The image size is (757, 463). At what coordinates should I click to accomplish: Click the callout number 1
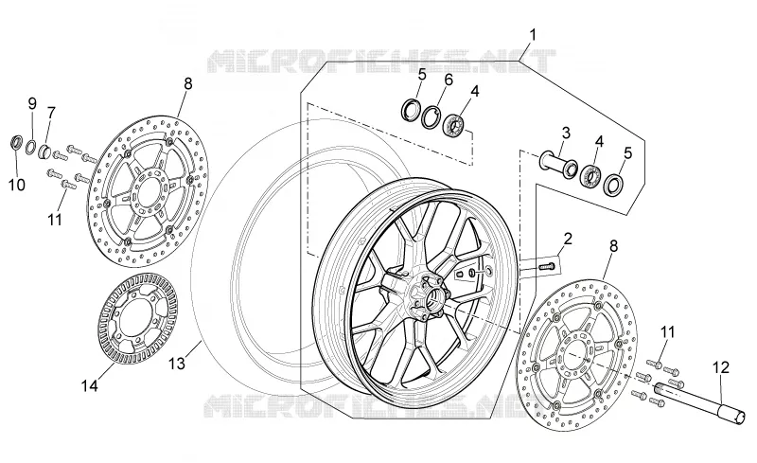[533, 35]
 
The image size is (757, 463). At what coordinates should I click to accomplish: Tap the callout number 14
[89, 385]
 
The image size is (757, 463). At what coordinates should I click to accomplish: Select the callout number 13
[177, 364]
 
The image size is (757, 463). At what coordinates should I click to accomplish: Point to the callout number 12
[721, 367]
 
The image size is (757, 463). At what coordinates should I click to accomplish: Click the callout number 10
[17, 185]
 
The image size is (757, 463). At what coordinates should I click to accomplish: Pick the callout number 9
[32, 103]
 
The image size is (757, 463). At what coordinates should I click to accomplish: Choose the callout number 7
[51, 113]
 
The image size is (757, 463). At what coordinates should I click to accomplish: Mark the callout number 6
[449, 80]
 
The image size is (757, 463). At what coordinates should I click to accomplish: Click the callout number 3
[566, 133]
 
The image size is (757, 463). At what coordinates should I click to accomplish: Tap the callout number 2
[568, 239]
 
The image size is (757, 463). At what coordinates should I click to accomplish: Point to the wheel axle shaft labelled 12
[699, 402]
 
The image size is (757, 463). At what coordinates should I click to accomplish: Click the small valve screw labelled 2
[546, 265]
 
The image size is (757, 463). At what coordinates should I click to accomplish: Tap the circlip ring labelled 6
[431, 117]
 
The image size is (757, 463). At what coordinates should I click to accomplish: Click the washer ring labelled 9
[31, 146]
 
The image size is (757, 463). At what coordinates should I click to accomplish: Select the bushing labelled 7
[44, 151]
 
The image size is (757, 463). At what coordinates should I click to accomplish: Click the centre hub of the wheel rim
[428, 295]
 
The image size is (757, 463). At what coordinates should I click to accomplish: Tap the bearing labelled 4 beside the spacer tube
[590, 176]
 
